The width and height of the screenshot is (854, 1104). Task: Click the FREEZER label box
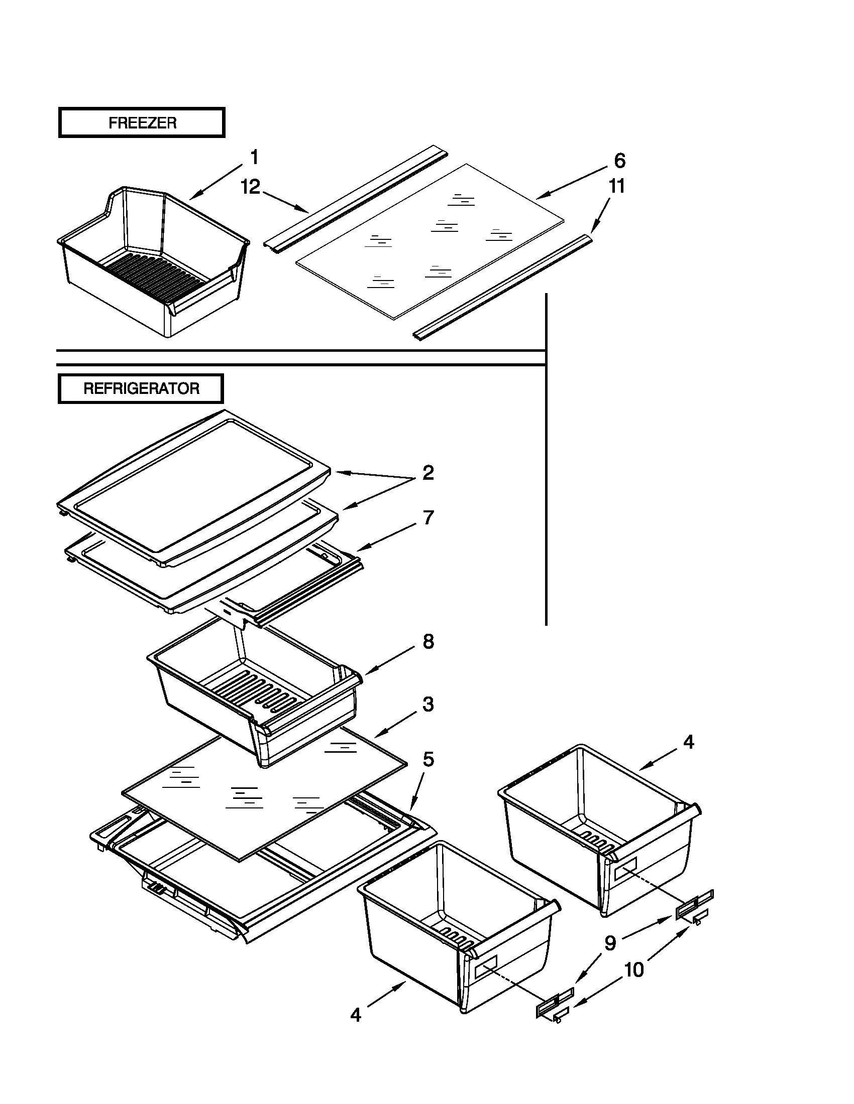tap(142, 122)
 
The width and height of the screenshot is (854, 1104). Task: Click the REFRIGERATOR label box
tap(141, 389)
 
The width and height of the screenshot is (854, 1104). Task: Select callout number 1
tap(255, 157)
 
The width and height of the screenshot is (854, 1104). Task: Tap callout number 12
tap(251, 187)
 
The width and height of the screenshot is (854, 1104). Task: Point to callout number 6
tap(619, 161)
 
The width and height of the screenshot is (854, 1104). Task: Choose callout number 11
tap(616, 187)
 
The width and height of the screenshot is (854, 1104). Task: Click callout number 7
tap(428, 518)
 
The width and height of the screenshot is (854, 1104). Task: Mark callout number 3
tap(428, 704)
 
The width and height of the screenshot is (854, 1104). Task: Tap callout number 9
tap(610, 943)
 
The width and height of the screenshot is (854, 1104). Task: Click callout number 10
tap(633, 970)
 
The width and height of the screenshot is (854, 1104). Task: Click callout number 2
tap(428, 473)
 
